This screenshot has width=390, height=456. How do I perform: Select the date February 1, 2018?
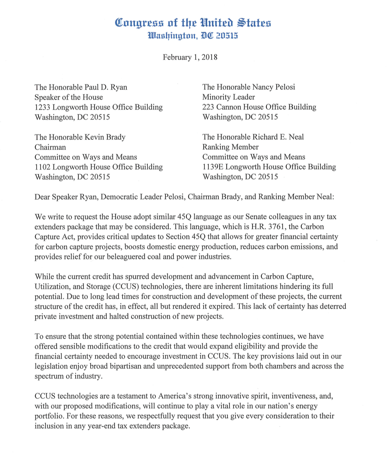click(x=190, y=57)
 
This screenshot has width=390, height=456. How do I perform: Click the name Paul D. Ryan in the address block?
click(x=104, y=87)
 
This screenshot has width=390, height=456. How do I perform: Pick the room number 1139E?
click(x=214, y=167)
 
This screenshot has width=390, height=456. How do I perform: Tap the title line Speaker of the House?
click(x=69, y=97)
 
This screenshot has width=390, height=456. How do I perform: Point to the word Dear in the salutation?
click(x=42, y=197)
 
